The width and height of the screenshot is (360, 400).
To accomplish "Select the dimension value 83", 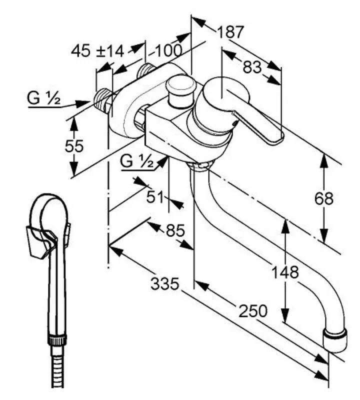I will [252, 66].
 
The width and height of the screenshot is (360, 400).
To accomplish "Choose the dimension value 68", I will [323, 198].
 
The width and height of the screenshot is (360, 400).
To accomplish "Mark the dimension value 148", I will [285, 272].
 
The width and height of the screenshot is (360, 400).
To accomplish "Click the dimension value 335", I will [165, 284].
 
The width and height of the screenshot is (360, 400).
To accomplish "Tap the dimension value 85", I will [175, 230].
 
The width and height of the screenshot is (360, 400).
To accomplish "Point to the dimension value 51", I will [155, 196].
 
